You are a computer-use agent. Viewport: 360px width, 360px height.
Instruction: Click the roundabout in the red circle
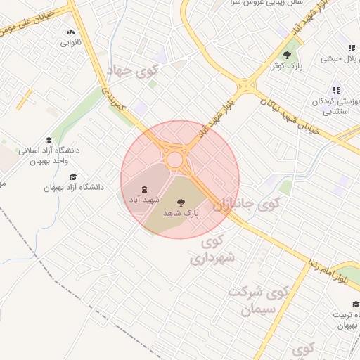[x=174, y=160]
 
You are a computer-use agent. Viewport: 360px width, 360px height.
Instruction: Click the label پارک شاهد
[x=181, y=212]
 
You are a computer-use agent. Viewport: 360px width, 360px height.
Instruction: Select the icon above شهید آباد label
[x=143, y=189]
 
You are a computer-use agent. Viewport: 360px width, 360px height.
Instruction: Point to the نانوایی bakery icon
[x=70, y=32]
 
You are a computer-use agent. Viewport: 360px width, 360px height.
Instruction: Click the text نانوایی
[x=70, y=43]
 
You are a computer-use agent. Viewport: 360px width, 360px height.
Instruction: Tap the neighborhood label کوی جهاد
[x=132, y=72]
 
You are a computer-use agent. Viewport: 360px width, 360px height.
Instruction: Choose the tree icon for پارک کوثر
[x=286, y=54]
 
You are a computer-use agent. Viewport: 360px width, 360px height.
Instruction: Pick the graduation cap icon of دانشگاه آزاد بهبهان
[x=73, y=177]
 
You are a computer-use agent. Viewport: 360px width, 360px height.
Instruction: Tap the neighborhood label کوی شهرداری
[x=216, y=252]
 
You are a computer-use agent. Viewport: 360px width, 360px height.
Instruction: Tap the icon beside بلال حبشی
[x=352, y=48]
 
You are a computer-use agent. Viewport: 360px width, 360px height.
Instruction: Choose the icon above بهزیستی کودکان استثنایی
[x=337, y=90]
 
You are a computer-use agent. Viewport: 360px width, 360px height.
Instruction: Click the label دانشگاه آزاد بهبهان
[x=74, y=188]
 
